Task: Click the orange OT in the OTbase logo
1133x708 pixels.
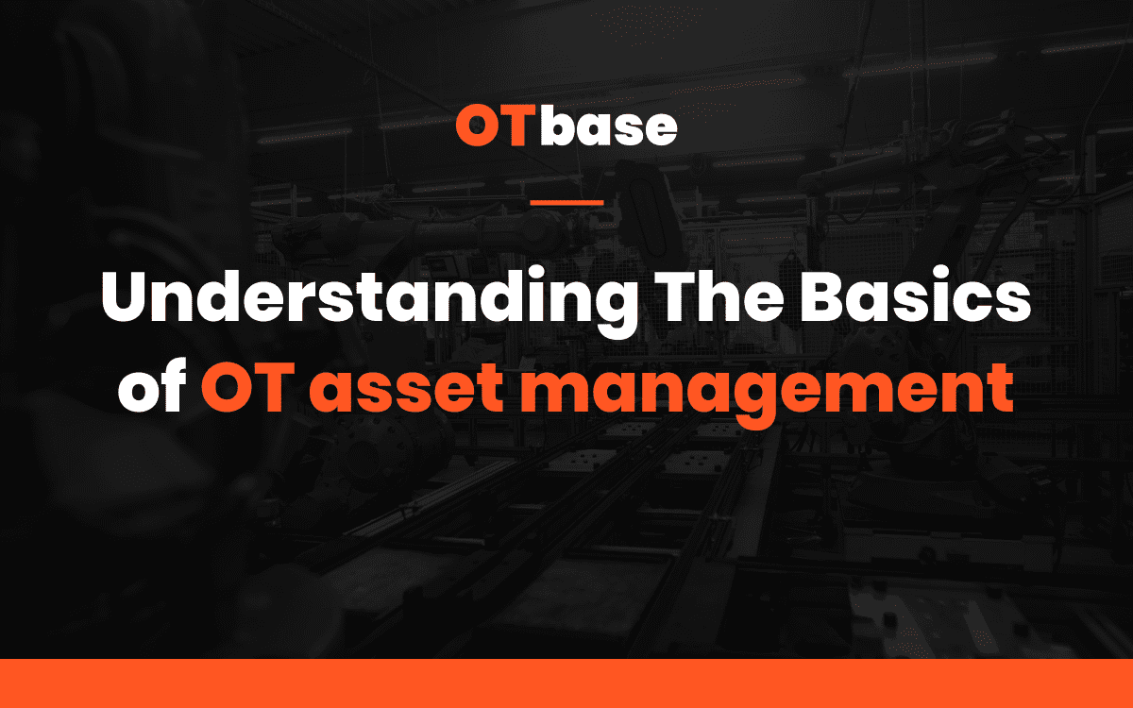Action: (497, 126)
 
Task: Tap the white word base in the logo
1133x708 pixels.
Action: (609, 126)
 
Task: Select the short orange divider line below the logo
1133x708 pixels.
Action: (566, 202)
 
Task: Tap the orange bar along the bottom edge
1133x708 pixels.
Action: (566, 683)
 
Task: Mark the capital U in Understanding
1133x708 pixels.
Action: (127, 295)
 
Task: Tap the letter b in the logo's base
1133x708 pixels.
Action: (558, 126)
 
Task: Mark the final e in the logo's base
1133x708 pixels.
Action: (661, 129)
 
